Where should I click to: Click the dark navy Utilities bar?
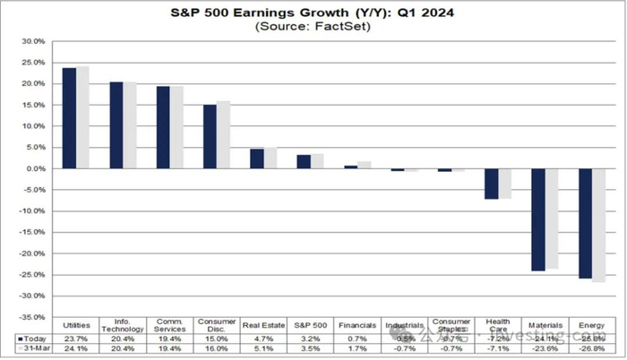tap(69, 118)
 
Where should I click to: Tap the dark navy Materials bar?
tap(537, 219)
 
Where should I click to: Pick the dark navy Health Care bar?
tap(491, 184)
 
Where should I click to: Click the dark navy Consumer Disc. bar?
tap(210, 136)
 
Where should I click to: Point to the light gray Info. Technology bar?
tap(130, 125)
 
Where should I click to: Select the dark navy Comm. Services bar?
tap(163, 127)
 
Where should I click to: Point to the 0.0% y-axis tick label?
tap(33, 168)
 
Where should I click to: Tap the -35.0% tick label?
tap(31, 317)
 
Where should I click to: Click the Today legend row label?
tap(32, 339)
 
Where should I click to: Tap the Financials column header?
tap(356, 322)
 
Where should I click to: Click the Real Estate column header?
tap(262, 322)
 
